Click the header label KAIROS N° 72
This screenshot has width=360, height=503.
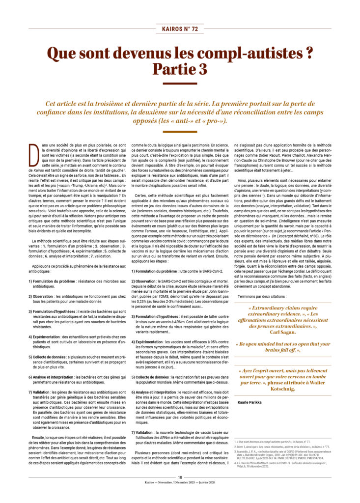pyautogui.click(x=180, y=29)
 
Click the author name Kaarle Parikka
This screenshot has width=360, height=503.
pyautogui.click(x=249, y=402)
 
